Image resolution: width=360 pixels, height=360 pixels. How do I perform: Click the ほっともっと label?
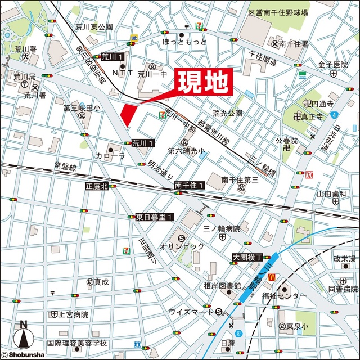point(184,42)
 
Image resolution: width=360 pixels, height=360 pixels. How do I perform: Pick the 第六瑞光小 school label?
point(187,151)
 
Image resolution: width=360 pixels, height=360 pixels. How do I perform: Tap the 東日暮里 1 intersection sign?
point(156,217)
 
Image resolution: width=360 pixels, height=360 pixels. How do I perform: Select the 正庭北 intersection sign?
point(96,186)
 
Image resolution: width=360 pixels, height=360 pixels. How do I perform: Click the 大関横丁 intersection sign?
point(248,257)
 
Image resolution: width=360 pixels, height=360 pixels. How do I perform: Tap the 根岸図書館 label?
point(223,286)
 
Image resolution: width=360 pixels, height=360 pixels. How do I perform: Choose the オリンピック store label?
point(182,247)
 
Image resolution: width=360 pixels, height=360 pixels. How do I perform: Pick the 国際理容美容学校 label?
point(77,343)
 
